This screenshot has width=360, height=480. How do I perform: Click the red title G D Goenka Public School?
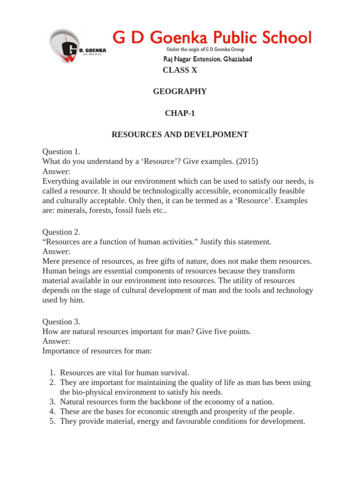[x=211, y=37]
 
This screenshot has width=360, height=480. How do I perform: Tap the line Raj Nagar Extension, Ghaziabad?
[x=207, y=60]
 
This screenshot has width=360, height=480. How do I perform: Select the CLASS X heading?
[x=180, y=70]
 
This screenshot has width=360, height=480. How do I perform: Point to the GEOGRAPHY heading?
[x=180, y=91]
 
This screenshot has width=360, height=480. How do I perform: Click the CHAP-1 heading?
[x=180, y=113]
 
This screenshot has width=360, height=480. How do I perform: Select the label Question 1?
[x=61, y=151]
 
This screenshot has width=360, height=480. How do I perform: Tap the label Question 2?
[x=61, y=232]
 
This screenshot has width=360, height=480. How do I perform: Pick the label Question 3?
[x=61, y=322]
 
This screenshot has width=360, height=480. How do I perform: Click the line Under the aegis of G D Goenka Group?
[x=205, y=50]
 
